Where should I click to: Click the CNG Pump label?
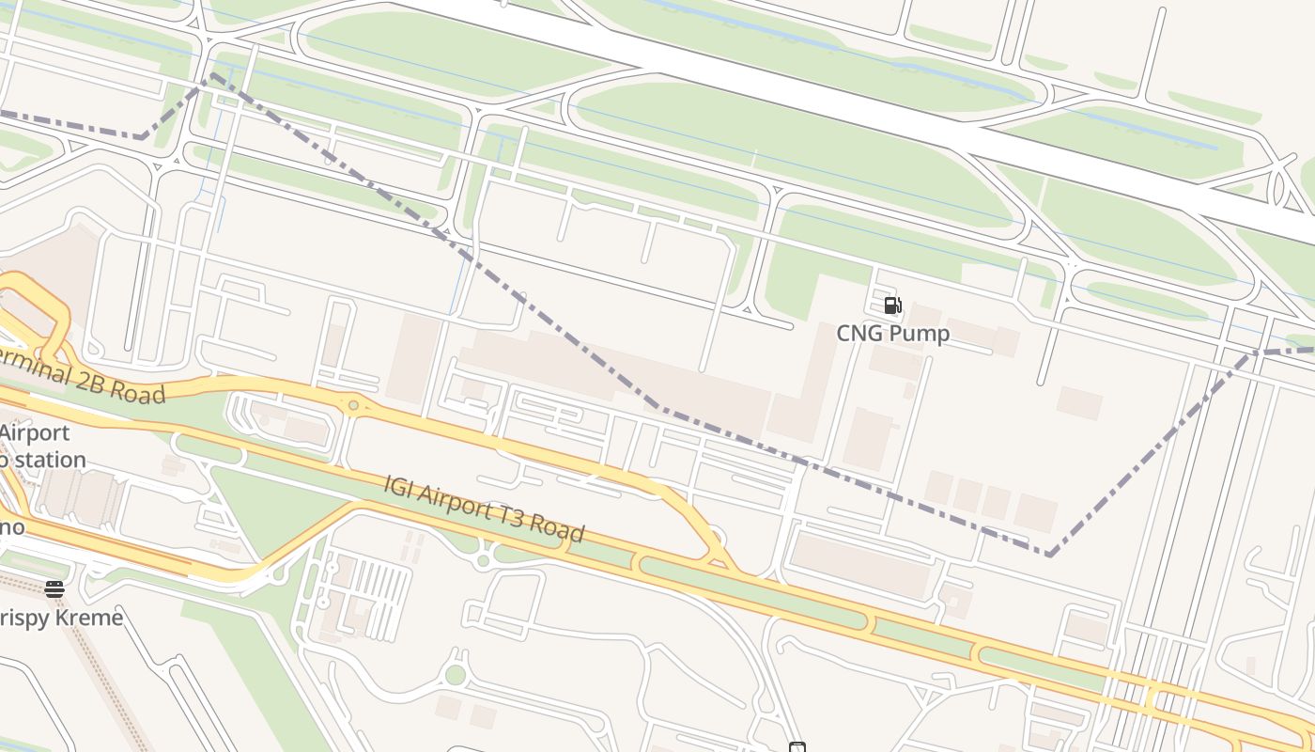(x=892, y=334)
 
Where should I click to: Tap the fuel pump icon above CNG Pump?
(x=892, y=305)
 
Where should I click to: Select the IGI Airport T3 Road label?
(x=484, y=509)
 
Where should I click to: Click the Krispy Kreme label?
(x=60, y=618)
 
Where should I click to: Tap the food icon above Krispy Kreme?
(x=54, y=589)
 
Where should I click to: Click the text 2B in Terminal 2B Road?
(x=91, y=381)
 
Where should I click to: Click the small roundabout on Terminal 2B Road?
(x=353, y=406)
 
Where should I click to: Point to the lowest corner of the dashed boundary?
(x=1049, y=554)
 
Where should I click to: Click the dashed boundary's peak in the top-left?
(x=212, y=74)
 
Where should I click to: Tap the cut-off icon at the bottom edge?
(x=797, y=747)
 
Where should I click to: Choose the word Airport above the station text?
(x=36, y=433)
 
